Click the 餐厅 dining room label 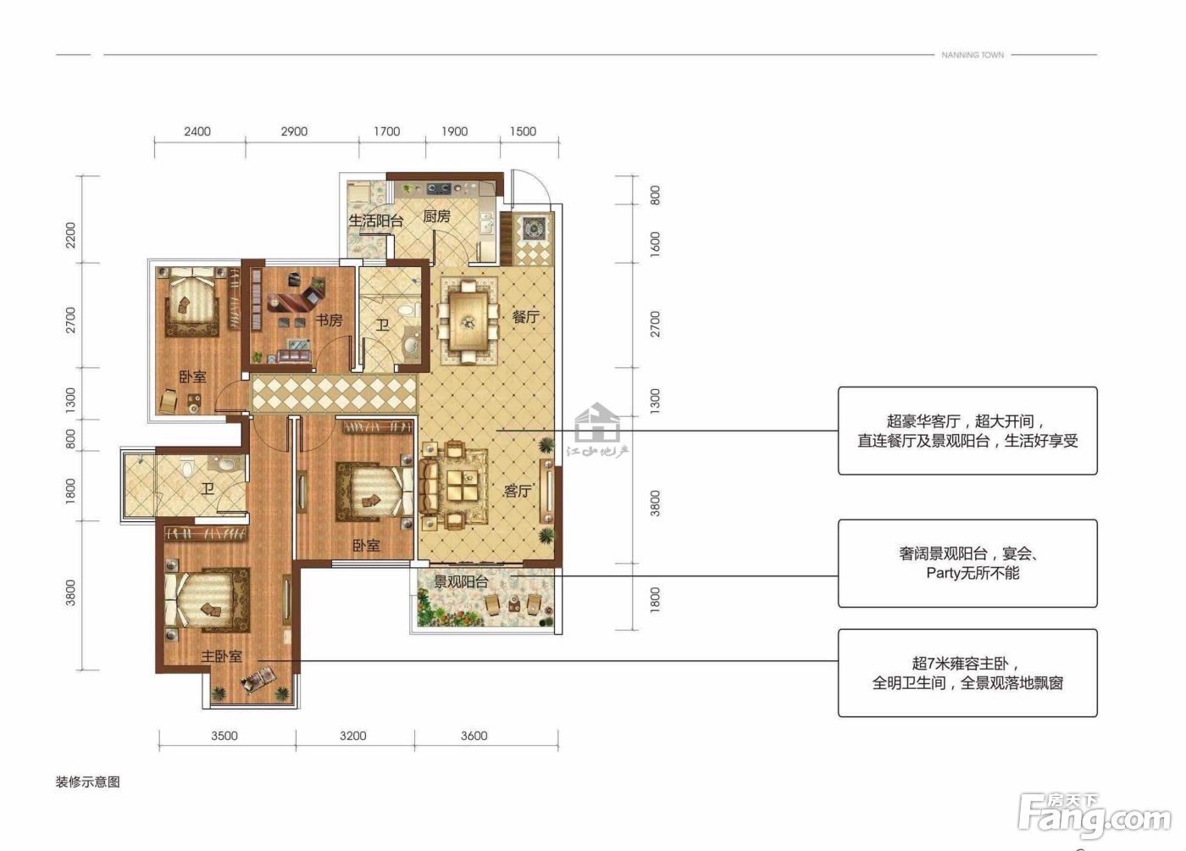click(x=525, y=316)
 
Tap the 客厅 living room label click(x=518, y=491)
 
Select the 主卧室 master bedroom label click(x=221, y=657)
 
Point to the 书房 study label click(x=329, y=320)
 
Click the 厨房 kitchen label click(x=437, y=216)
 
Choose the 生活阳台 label click(x=376, y=220)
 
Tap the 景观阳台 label click(x=461, y=581)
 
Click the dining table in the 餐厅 click(x=468, y=321)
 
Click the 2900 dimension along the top click(x=294, y=131)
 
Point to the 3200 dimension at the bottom click(x=353, y=736)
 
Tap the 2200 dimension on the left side click(x=70, y=236)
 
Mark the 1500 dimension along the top click(x=524, y=131)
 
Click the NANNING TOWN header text click(x=973, y=55)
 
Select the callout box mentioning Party click(x=967, y=564)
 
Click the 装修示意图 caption click(x=88, y=782)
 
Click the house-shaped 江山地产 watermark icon click(x=597, y=423)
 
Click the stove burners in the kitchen click(x=439, y=187)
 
